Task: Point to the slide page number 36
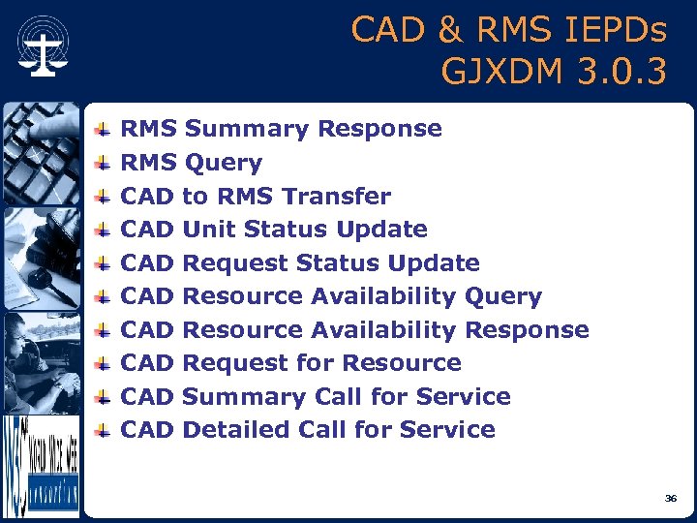(671, 498)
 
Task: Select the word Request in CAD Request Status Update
(235, 263)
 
